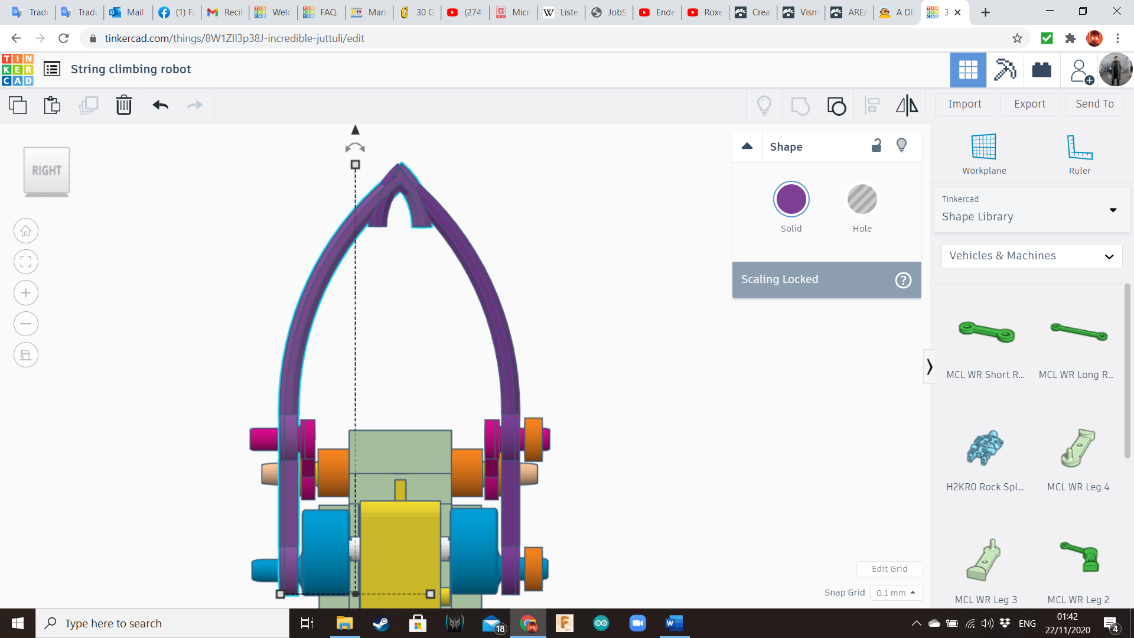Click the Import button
pyautogui.click(x=964, y=104)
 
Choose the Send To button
pyautogui.click(x=1094, y=104)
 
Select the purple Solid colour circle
pyautogui.click(x=791, y=199)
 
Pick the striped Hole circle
pyautogui.click(x=862, y=199)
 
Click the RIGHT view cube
pyautogui.click(x=47, y=171)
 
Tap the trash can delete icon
pyautogui.click(x=123, y=105)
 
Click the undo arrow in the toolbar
pyautogui.click(x=160, y=105)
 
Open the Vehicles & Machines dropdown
pyautogui.click(x=1031, y=256)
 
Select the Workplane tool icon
pyautogui.click(x=984, y=147)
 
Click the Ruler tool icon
pyautogui.click(x=1079, y=147)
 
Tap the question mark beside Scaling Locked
pyautogui.click(x=903, y=280)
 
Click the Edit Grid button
pyautogui.click(x=889, y=569)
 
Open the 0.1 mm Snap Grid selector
pyautogui.click(x=895, y=593)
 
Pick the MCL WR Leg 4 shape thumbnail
pyautogui.click(x=1078, y=449)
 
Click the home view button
pyautogui.click(x=26, y=231)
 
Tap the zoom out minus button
pyautogui.click(x=26, y=324)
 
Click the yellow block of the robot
pyautogui.click(x=400, y=549)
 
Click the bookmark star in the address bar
pyautogui.click(x=1017, y=38)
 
